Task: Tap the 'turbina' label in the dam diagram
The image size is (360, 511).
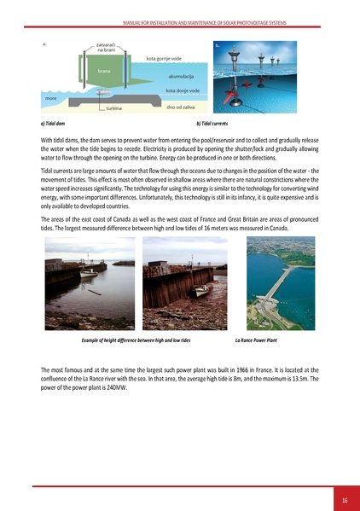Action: tap(113, 109)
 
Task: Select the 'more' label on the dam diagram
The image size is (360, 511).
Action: tap(52, 98)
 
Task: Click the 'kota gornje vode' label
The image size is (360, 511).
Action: tap(163, 59)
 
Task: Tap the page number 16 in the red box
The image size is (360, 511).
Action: tap(345, 498)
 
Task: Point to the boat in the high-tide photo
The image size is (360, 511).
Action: tap(89, 274)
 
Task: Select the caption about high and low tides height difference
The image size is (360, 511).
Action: tap(136, 339)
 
